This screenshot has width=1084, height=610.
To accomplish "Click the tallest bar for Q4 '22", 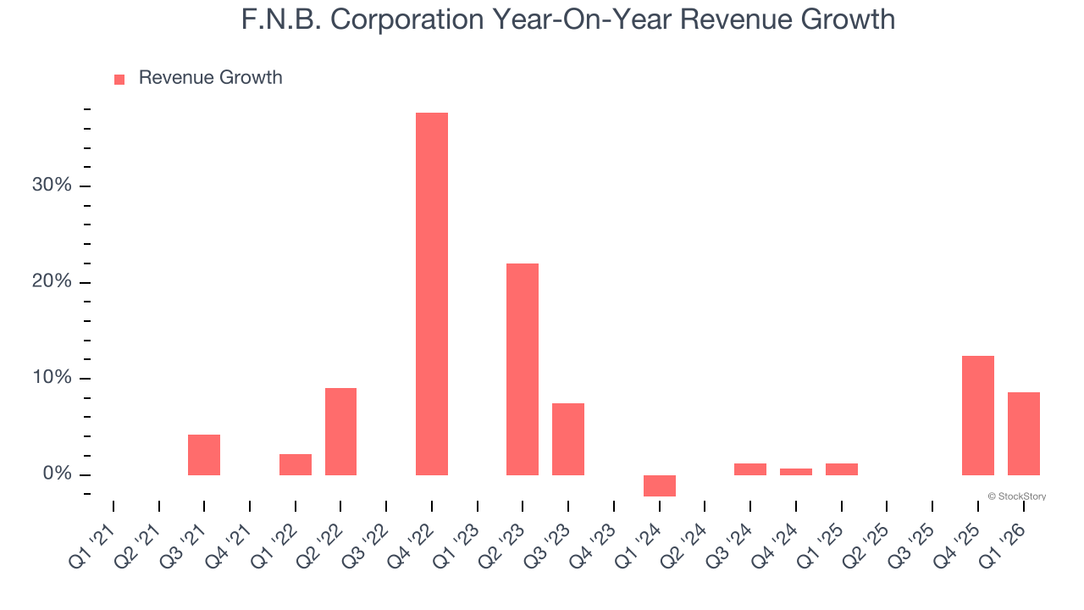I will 432,293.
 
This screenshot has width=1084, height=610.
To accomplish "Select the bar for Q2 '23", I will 523,369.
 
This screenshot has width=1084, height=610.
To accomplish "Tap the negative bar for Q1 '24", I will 660,485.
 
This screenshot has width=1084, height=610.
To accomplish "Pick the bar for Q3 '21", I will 204,454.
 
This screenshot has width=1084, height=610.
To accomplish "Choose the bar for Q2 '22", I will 340,431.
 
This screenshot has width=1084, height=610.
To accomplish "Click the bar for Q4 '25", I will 978,415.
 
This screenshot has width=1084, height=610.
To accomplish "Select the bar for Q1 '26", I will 1024,433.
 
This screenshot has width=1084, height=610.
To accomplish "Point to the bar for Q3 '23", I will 568,439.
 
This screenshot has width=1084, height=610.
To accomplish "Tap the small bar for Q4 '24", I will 796,472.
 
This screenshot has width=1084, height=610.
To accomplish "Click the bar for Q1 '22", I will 296,464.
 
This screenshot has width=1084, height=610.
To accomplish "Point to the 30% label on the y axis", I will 52,186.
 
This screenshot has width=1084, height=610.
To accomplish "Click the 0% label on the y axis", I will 57,474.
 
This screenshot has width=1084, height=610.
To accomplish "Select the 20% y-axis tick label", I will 52,282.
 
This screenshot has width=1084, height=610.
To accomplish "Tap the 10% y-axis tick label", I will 53,378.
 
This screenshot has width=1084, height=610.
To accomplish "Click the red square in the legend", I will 119,79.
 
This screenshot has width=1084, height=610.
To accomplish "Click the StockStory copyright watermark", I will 1016,496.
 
